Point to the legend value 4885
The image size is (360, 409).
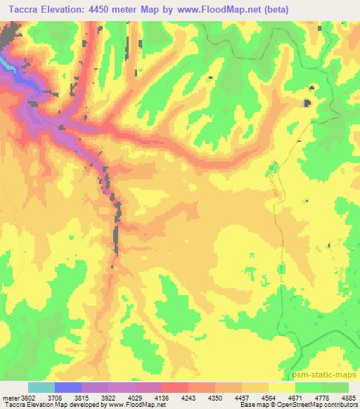tap(349, 397)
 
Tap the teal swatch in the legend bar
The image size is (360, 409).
tap(41, 387)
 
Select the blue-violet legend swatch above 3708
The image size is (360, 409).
tap(67, 387)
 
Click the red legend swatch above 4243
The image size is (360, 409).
tap(174, 387)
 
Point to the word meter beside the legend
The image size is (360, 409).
tap(9, 397)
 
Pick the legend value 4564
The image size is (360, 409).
tap(270, 397)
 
